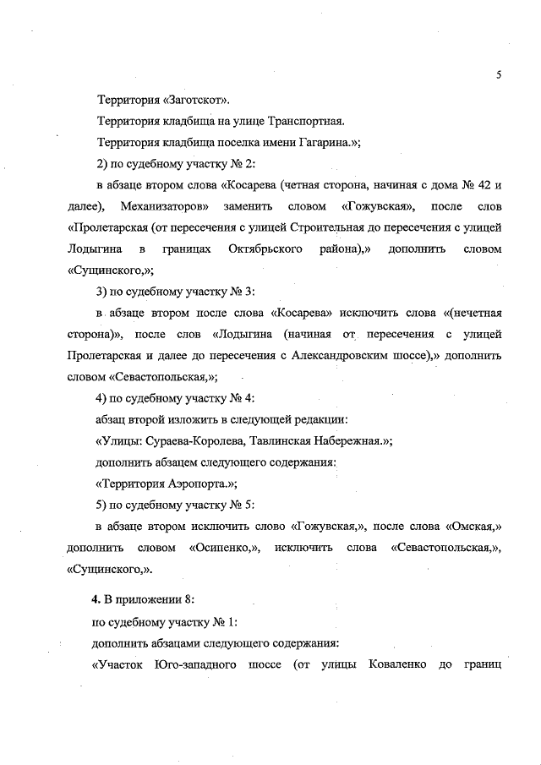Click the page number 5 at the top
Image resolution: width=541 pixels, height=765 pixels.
(500, 74)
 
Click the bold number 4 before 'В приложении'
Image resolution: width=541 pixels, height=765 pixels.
(96, 599)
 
